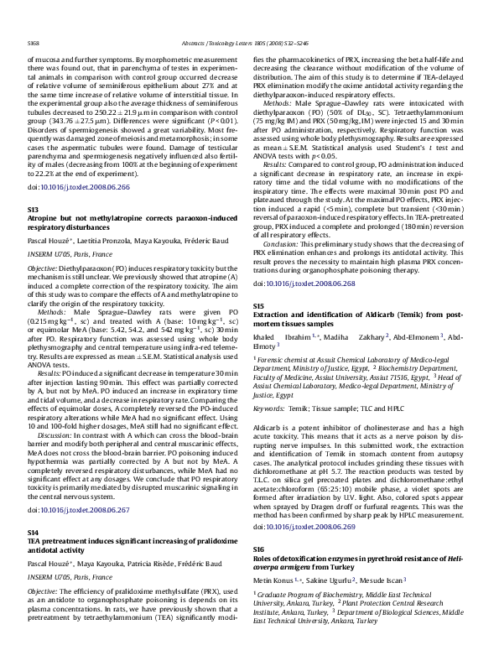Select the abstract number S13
tap(34, 207)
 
